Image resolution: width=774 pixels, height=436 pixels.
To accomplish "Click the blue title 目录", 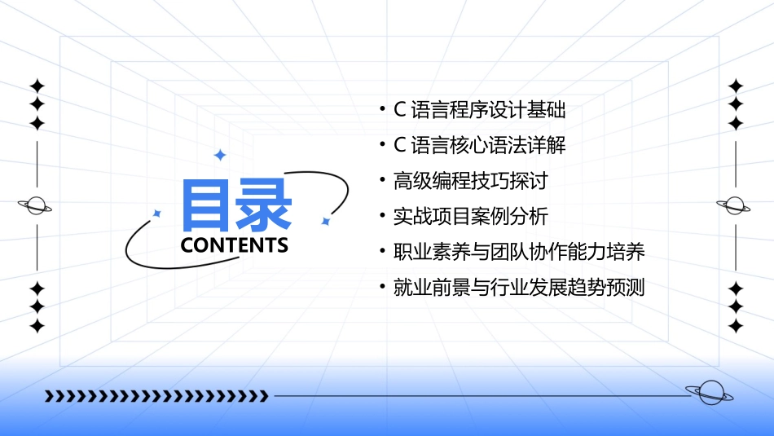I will [x=237, y=205].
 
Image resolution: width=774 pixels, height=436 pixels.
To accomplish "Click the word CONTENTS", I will [x=235, y=245].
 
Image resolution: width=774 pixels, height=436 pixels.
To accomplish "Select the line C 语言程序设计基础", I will [x=479, y=109].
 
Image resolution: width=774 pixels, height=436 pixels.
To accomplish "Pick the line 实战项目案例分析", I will [x=470, y=217].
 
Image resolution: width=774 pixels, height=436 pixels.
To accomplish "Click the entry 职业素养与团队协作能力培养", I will [x=518, y=253].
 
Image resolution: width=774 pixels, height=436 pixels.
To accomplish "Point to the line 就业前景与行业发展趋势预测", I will [x=518, y=288].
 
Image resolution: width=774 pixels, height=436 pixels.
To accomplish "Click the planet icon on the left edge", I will [x=36, y=205].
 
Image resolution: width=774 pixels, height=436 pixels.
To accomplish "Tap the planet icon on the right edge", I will [x=736, y=205].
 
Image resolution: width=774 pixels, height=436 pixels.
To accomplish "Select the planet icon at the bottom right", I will [x=709, y=394].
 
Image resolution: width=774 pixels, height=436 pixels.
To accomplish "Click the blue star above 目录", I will [x=218, y=155].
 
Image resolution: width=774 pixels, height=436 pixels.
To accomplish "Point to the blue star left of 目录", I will [x=157, y=214].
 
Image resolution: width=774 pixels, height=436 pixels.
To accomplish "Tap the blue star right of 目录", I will [x=325, y=221].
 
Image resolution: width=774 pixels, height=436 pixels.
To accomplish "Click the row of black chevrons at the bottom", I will [x=156, y=396].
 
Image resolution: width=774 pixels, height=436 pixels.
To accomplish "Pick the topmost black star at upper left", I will [x=37, y=86].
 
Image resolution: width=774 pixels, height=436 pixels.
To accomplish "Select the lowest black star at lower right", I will [x=736, y=327].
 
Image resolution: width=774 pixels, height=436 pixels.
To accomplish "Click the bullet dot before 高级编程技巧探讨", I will [x=382, y=181].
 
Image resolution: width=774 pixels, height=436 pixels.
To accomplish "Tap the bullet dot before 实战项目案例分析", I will [x=382, y=217].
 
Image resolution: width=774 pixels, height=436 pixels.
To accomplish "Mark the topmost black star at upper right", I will [x=736, y=86].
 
